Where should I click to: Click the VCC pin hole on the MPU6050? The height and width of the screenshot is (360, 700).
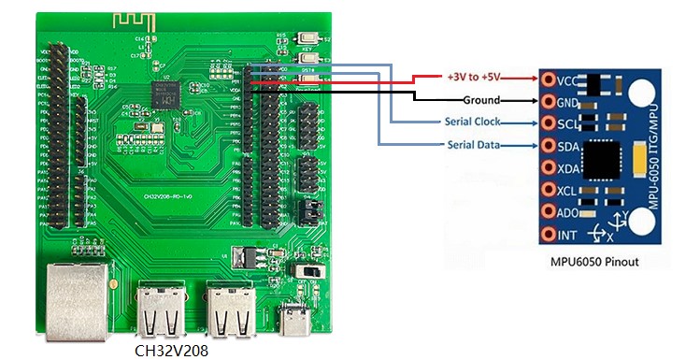tap(546, 79)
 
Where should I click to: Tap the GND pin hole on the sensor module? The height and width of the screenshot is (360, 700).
tap(546, 101)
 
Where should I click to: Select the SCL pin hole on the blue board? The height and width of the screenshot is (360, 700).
tap(546, 123)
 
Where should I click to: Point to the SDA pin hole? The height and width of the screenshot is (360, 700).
tap(546, 145)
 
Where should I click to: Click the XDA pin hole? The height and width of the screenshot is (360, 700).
tap(546, 167)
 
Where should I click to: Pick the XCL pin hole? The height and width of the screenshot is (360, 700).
tap(546, 190)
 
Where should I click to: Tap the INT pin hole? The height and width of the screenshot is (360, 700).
tap(546, 234)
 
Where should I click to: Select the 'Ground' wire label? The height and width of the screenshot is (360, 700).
tap(480, 100)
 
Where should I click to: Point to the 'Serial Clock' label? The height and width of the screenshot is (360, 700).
tap(473, 122)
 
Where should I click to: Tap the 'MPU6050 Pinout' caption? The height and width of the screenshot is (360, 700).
tap(594, 262)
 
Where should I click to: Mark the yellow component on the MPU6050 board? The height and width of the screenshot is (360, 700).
tap(639, 154)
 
